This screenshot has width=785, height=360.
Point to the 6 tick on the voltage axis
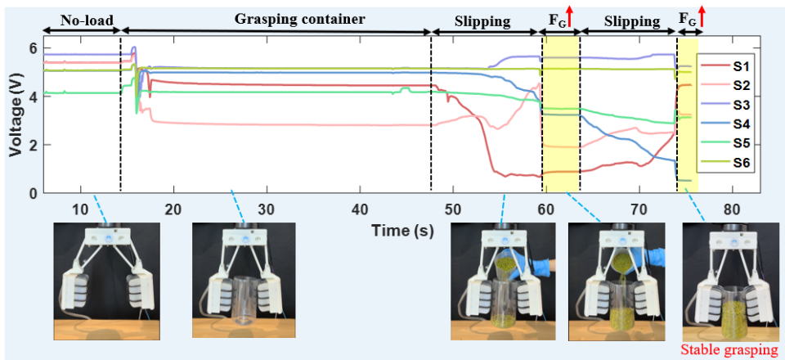pos(33,48)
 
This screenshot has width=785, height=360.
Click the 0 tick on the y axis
pos(33,193)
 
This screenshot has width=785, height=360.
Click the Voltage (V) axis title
pos(16,120)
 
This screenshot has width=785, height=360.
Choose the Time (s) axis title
pos(402,231)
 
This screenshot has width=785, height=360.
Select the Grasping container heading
pos(299,19)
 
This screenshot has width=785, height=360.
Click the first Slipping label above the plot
pos(482,21)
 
